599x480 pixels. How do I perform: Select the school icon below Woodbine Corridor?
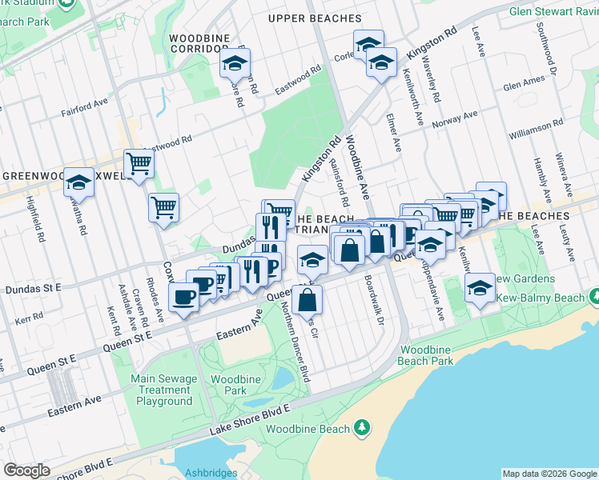[235, 62]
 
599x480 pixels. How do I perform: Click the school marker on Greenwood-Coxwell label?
[78, 182]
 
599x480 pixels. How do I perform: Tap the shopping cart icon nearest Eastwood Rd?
[139, 163]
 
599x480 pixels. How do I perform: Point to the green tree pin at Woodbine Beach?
[362, 428]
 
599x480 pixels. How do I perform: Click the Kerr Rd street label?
[27, 318]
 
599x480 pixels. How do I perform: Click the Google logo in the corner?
[27, 470]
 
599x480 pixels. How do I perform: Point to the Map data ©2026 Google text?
[549, 474]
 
